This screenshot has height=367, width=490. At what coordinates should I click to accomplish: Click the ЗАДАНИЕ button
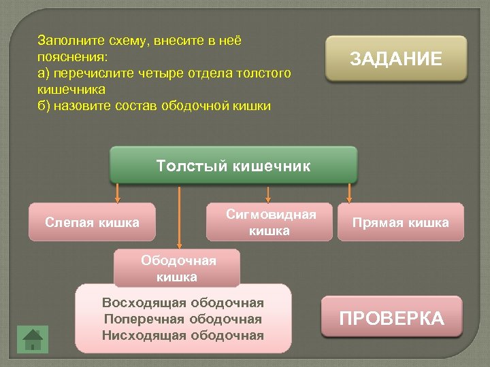(396, 59)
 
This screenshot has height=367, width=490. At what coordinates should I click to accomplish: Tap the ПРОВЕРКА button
(391, 317)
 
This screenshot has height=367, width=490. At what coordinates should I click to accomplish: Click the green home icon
(33, 338)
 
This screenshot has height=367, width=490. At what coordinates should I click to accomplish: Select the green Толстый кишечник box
(233, 165)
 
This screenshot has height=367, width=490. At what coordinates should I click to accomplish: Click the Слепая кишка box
(92, 222)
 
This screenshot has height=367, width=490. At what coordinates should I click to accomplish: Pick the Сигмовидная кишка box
(270, 222)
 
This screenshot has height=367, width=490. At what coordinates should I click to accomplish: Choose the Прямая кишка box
(400, 222)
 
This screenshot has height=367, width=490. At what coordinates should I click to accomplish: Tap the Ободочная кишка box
(178, 268)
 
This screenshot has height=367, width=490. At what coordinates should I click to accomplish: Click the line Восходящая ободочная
(182, 302)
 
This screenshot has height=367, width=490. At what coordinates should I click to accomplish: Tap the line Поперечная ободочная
(182, 319)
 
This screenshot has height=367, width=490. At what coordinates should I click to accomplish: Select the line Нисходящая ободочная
(182, 334)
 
